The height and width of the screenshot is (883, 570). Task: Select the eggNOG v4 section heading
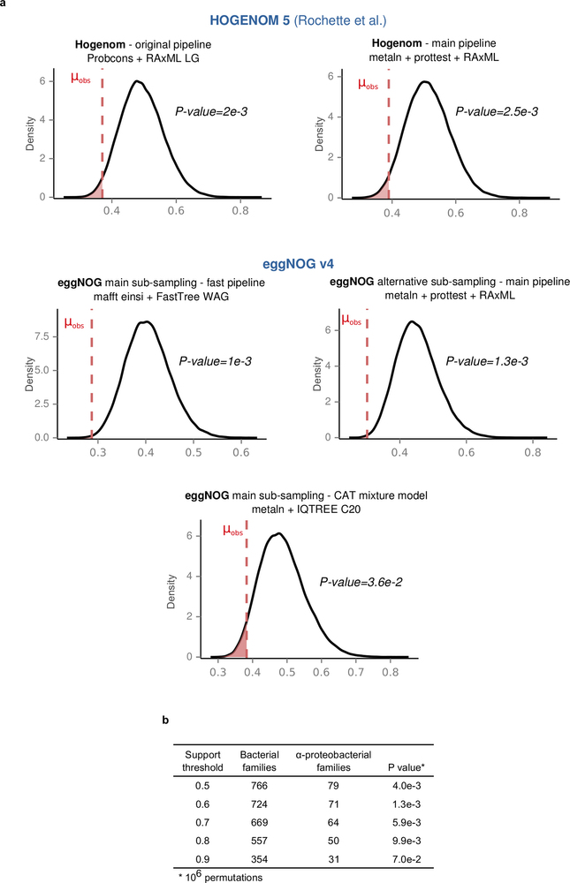(285, 261)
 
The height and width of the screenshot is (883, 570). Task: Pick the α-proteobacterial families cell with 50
(331, 834)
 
